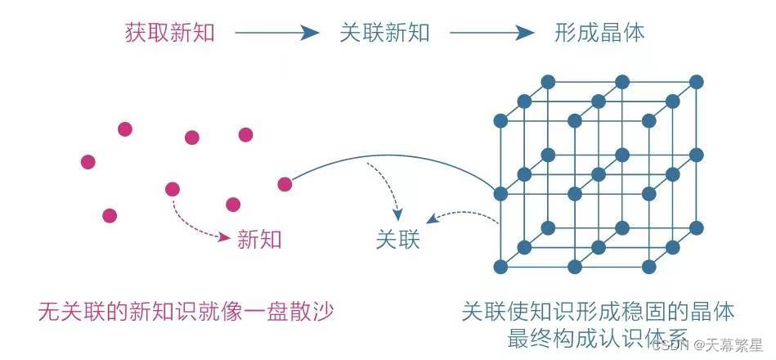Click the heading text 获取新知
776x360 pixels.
point(169,33)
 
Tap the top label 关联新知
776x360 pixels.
point(384,33)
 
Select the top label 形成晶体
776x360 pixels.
point(599,33)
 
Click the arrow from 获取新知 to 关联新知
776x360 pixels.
point(276,33)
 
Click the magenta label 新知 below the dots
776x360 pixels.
point(259,239)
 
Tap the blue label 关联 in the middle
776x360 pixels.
point(397,240)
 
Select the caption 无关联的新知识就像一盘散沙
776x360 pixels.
point(187,312)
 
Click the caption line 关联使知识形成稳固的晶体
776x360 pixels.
point(598,312)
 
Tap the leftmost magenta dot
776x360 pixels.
point(87,161)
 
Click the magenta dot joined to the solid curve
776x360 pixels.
point(285,184)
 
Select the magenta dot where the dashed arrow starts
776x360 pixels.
point(173,190)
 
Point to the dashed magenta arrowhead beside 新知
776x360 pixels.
point(224,237)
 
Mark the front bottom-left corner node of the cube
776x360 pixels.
point(500,267)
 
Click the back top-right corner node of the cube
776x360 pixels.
point(697,81)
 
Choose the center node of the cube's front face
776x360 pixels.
point(574,194)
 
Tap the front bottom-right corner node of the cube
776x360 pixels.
point(649,267)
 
